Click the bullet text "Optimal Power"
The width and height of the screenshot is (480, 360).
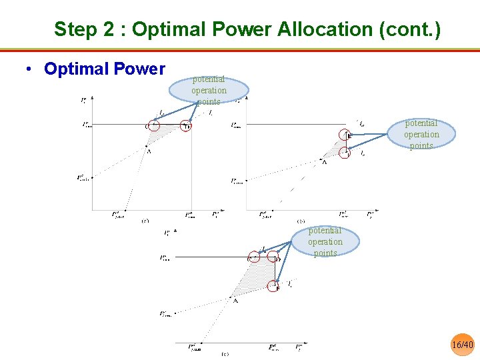tap(105, 69)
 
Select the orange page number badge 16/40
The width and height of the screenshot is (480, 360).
tap(462, 344)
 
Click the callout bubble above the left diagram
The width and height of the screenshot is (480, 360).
tap(209, 90)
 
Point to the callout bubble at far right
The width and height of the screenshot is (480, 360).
tap(421, 134)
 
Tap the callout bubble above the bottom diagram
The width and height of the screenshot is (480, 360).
tap(325, 241)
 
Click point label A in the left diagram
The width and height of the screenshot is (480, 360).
tap(149, 152)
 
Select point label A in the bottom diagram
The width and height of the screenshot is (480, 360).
tap(235, 301)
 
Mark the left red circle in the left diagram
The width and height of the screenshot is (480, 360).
tap(153, 125)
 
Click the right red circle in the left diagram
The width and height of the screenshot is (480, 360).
tap(186, 125)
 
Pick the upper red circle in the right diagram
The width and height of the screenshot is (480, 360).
tap(345, 135)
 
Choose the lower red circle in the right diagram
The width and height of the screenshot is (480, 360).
tap(345, 153)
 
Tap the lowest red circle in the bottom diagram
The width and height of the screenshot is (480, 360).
tap(274, 285)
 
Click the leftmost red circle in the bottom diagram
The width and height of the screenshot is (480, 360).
tap(253, 257)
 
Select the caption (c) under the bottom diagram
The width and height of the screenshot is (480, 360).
tap(225, 354)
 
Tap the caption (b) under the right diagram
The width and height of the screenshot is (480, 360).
tap(301, 221)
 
